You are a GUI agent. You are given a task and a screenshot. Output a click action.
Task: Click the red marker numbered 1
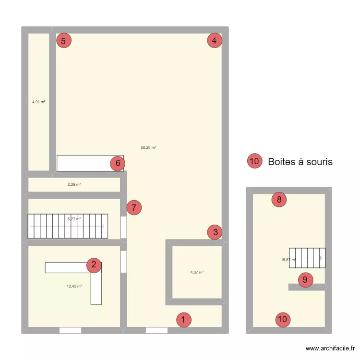click(183, 320)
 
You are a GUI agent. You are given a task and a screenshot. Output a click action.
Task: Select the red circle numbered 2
click(94, 264)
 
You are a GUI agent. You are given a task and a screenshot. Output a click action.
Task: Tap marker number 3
click(215, 232)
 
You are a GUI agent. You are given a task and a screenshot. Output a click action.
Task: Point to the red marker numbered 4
click(215, 41)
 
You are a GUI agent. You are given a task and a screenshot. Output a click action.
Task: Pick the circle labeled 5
click(64, 41)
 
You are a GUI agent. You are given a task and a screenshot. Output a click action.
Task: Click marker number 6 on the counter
click(118, 164)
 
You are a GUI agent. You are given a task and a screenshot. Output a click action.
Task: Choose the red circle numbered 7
click(134, 208)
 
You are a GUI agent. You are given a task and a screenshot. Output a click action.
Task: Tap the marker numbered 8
click(279, 199)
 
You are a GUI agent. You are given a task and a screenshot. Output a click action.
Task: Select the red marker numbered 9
click(305, 280)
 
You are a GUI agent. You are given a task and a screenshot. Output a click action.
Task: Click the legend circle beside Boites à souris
click(255, 162)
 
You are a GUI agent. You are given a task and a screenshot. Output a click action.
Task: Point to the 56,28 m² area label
click(148, 148)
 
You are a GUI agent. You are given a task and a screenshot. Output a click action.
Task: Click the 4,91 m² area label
click(39, 102)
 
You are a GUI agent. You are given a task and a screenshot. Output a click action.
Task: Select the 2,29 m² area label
click(74, 184)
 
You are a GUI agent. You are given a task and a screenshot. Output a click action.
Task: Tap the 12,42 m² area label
click(74, 286)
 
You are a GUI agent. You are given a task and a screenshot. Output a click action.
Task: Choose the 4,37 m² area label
click(197, 272)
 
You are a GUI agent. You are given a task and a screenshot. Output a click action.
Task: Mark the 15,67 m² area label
click(288, 260)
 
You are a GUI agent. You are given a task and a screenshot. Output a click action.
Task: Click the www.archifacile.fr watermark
click(331, 349)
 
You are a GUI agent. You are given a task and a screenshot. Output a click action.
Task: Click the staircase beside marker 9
click(307, 258)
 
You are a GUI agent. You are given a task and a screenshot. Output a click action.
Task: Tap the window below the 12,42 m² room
click(70, 330)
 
